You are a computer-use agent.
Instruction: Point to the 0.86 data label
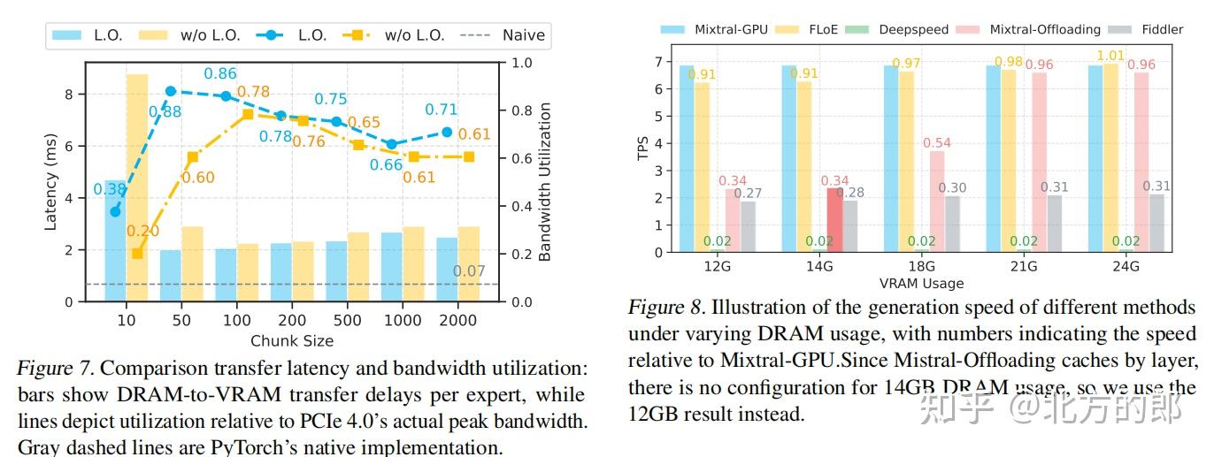[x=220, y=74]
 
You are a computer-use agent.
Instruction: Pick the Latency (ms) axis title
[x=50, y=182]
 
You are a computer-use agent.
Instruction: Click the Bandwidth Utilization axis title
[x=544, y=182]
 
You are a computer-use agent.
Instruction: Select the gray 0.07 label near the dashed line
[x=469, y=271]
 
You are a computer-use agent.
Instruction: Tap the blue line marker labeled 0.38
[x=115, y=211]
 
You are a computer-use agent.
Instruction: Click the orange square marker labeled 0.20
[x=137, y=254]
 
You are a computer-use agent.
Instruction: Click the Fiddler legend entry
[x=1161, y=29]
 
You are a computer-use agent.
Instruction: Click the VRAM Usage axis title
[x=921, y=284]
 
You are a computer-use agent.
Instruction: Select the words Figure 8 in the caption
[x=664, y=308]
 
